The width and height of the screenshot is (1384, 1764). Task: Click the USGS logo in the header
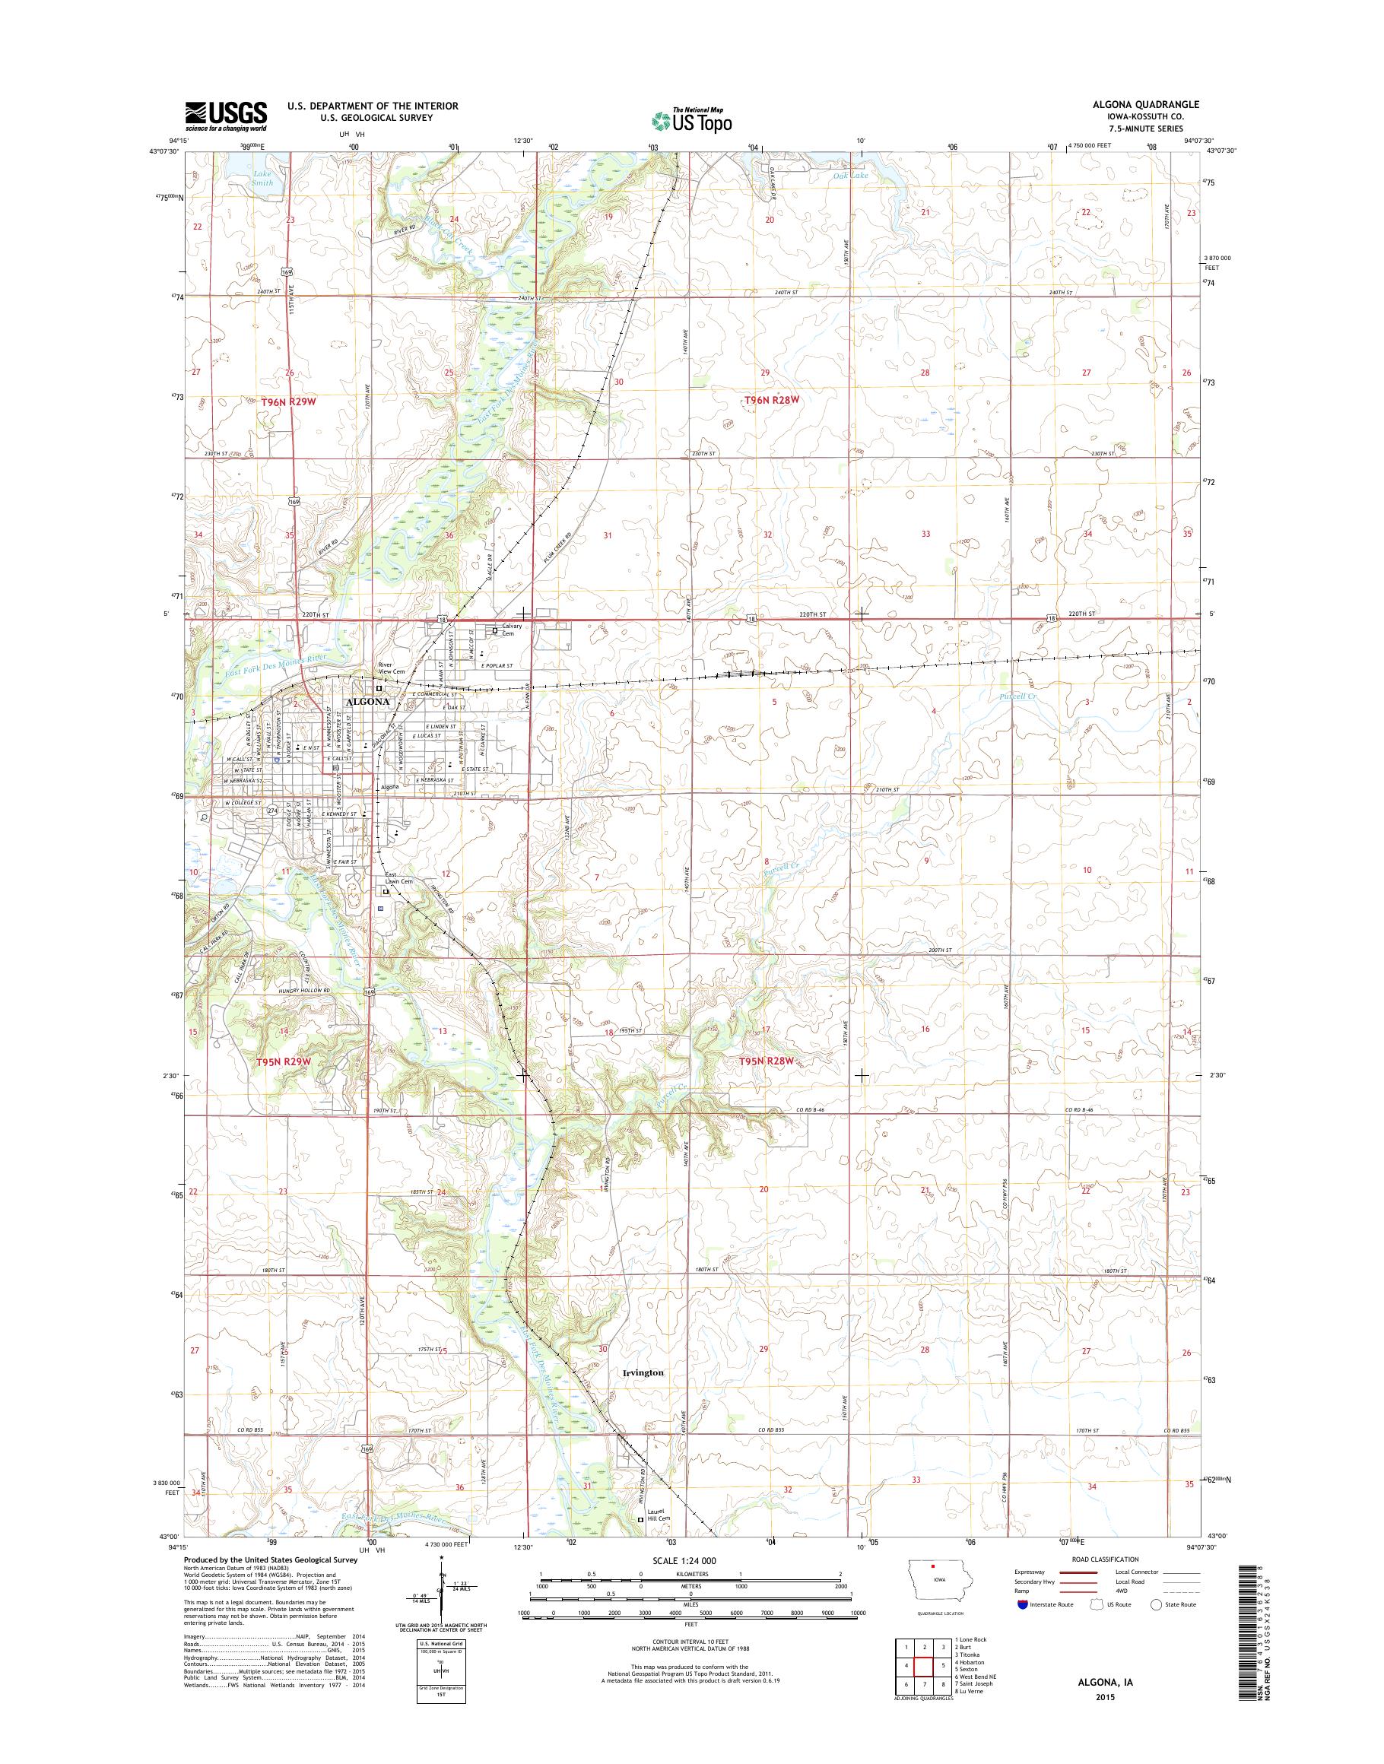pyautogui.click(x=226, y=116)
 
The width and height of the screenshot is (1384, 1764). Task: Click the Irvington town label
pyautogui.click(x=644, y=1373)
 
